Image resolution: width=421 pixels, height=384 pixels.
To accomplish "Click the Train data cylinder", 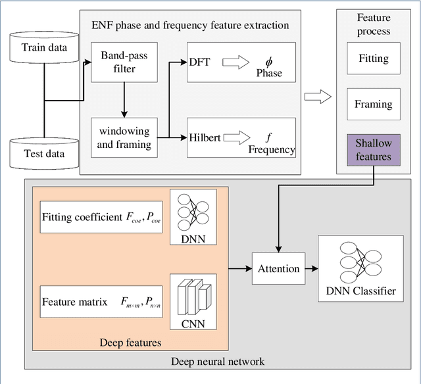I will [43, 47].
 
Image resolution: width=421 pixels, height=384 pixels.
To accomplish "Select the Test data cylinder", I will [43, 147].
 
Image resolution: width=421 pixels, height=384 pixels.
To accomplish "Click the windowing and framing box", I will [124, 137].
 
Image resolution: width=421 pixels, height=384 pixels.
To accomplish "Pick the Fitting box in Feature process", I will [373, 59].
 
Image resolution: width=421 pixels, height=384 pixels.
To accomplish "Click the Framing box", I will [373, 104].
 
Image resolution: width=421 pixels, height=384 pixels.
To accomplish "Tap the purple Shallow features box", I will [373, 149].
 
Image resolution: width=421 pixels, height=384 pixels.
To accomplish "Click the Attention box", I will [278, 268].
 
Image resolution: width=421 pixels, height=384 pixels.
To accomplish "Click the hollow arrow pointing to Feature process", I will [317, 98].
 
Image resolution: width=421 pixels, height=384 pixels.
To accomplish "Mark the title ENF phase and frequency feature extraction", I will [189, 26].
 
